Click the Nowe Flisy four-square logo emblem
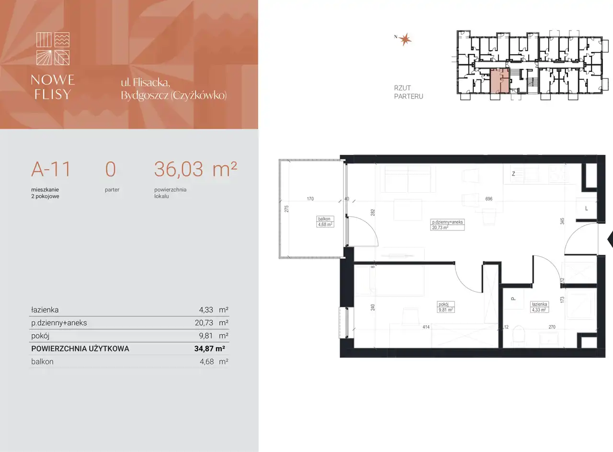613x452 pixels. [x=53, y=49]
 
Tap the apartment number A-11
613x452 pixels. [x=51, y=169]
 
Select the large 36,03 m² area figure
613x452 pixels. [x=195, y=169]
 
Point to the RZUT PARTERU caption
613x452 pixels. [x=409, y=92]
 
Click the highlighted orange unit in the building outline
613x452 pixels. [x=499, y=81]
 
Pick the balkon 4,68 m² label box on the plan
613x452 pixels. [x=325, y=222]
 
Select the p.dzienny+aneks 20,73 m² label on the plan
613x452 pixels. [x=447, y=225]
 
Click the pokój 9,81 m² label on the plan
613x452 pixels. [x=445, y=307]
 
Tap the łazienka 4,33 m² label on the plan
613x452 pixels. [x=539, y=307]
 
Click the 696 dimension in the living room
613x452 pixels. [x=488, y=199]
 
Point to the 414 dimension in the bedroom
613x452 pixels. [x=426, y=327]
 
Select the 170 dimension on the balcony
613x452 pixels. [x=310, y=199]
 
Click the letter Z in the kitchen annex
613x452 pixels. [x=513, y=174]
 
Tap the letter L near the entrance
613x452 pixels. [x=587, y=209]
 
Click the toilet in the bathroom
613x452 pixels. [x=518, y=336]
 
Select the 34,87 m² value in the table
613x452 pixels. [x=209, y=349]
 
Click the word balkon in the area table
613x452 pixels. [x=42, y=362]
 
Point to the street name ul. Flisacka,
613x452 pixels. [x=146, y=83]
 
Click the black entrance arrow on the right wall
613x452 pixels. [x=610, y=239]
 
